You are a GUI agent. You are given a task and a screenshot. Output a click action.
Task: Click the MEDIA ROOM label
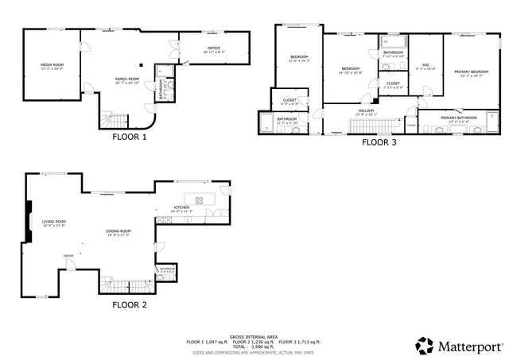point(52,64)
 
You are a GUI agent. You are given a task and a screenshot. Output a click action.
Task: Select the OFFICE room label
point(213,48)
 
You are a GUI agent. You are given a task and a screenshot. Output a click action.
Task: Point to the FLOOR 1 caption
point(129,137)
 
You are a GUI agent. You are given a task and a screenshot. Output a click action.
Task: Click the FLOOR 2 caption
point(129,304)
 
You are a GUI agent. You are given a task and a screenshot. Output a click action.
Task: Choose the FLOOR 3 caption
point(379,144)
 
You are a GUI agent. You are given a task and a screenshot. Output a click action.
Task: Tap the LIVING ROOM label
point(54,222)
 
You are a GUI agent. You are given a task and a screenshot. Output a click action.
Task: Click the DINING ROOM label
point(118,231)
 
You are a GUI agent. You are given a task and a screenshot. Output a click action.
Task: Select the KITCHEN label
point(183,208)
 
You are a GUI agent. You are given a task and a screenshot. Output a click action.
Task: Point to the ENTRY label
point(69,255)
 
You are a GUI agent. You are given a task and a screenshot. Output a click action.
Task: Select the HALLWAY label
point(367,110)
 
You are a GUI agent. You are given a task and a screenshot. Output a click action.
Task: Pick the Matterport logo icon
point(425,346)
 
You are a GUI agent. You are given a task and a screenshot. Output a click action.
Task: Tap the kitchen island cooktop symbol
point(199,199)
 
